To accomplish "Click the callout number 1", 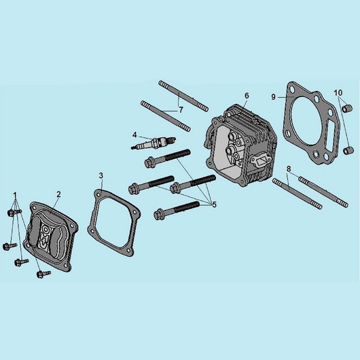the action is [15, 196].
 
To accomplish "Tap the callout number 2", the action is [59, 194].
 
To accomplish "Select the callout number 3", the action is [101, 176].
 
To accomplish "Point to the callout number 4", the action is [134, 134].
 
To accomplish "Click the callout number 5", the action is [214, 204].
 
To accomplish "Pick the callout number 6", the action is [247, 96].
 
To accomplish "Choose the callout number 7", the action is [181, 110].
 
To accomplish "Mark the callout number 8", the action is [289, 168].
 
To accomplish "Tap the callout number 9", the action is [273, 97].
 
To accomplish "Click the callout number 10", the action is [338, 93].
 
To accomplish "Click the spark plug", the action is [153, 143].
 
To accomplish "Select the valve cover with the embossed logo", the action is [52, 236].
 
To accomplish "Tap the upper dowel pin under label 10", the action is [346, 108].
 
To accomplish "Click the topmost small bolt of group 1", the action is [14, 212].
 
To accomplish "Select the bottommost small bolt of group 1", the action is [43, 274].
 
